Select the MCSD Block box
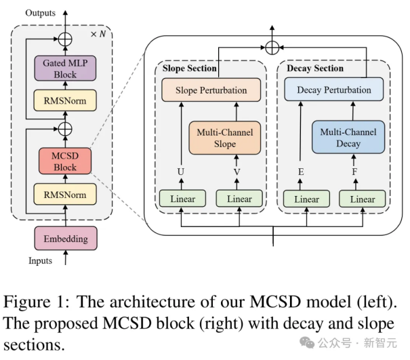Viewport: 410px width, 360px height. click(65, 160)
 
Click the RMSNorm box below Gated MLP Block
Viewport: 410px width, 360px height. click(65, 102)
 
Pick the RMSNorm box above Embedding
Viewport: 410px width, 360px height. click(65, 195)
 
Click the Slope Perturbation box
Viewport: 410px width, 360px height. click(204, 90)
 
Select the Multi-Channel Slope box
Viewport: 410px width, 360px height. click(226, 138)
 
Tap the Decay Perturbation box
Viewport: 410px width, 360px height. click(334, 89)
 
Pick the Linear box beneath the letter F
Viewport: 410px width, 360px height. click(362, 199)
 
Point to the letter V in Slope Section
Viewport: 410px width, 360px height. click(237, 172)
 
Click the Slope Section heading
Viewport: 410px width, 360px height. click(189, 68)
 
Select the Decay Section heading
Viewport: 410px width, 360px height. click(315, 68)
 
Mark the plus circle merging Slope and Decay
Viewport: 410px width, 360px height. click(272, 47)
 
